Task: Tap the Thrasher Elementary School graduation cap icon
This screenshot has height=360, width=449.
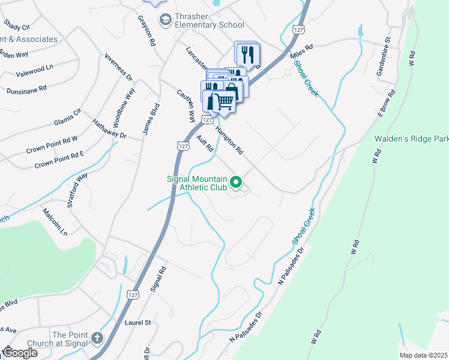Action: [x=164, y=20]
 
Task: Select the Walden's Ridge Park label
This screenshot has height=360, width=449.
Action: [x=411, y=139]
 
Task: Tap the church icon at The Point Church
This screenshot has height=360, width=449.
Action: [x=98, y=340]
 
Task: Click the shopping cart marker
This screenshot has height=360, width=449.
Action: [x=224, y=103]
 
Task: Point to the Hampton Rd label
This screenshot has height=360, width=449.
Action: [x=229, y=142]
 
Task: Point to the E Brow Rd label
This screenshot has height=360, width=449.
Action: [x=387, y=103]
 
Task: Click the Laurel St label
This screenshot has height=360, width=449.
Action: [x=137, y=322]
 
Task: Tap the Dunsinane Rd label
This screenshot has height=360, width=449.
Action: [x=26, y=89]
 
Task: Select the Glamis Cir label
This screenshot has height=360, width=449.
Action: [x=67, y=115]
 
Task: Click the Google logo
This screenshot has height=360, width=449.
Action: [x=20, y=353]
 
